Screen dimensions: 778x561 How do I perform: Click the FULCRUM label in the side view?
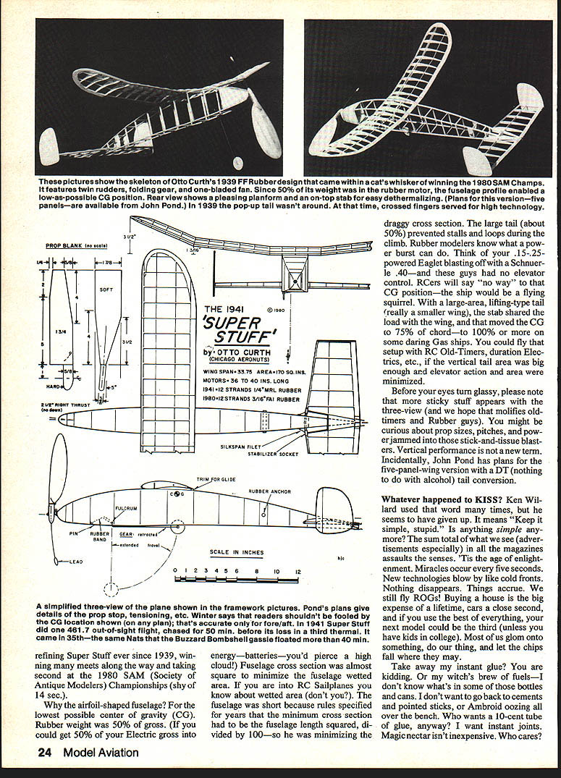click(127, 508)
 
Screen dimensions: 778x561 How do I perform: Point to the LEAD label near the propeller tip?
click(77, 561)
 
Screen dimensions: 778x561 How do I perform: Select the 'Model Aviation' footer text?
click(101, 753)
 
